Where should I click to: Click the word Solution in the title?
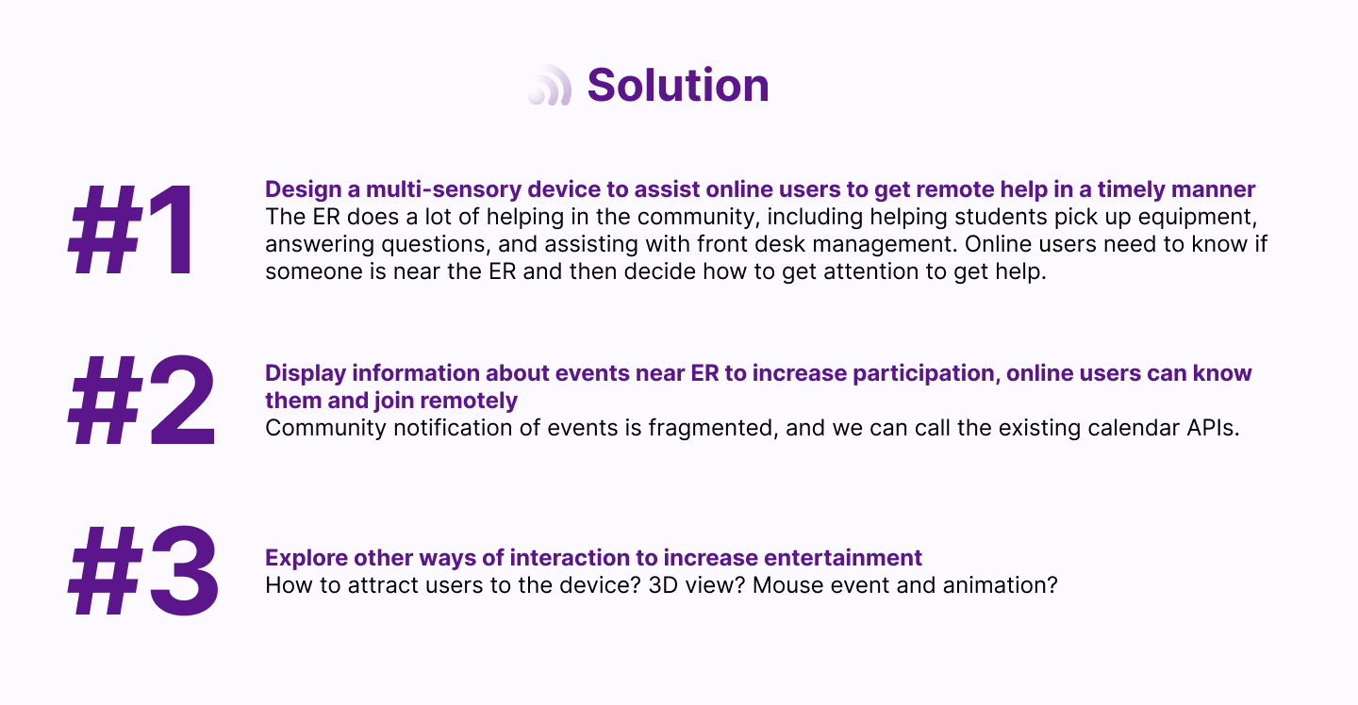pyautogui.click(x=678, y=86)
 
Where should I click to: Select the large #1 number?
pyautogui.click(x=132, y=231)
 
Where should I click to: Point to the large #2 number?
pyautogui.click(x=141, y=401)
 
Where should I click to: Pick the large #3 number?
pyautogui.click(x=143, y=570)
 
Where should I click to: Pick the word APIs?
pyautogui.click(x=1213, y=428)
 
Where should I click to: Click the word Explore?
pyautogui.click(x=306, y=558)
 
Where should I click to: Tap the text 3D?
pyautogui.click(x=663, y=585)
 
